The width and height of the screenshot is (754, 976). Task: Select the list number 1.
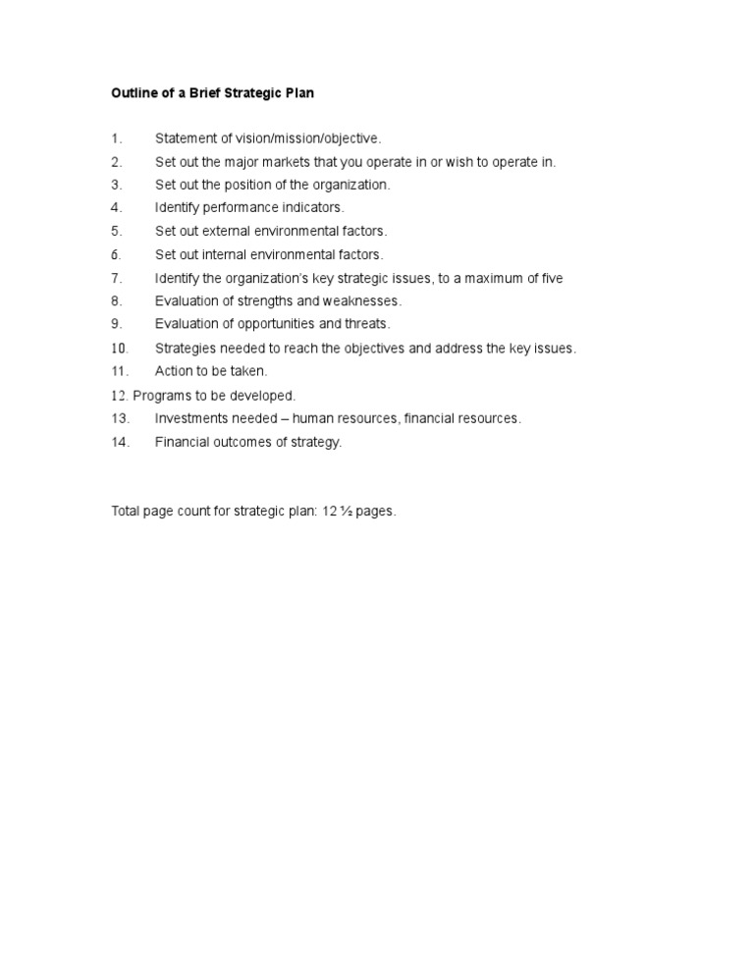click(x=116, y=138)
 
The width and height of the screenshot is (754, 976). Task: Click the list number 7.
click(x=116, y=279)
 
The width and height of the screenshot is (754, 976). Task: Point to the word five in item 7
click(x=551, y=279)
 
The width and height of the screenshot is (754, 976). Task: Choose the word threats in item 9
click(x=365, y=324)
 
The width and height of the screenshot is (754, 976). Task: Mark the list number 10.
click(x=120, y=349)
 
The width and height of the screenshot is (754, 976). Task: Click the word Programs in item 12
click(x=158, y=396)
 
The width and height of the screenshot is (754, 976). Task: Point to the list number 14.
click(x=120, y=442)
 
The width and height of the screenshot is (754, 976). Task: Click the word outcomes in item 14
click(x=237, y=442)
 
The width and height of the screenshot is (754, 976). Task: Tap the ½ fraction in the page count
click(x=346, y=512)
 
